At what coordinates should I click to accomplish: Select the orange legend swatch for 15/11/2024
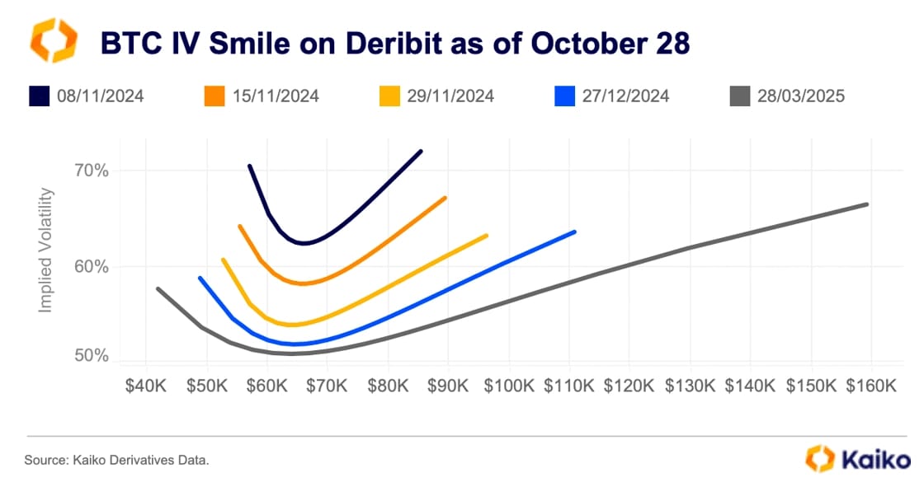214,96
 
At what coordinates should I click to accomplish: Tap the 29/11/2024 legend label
450,96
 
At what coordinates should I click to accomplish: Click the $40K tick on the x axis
146,386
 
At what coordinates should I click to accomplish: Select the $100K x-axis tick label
508,386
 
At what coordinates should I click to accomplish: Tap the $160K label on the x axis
871,386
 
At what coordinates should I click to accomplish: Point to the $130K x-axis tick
690,386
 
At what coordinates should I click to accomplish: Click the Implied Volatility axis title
46,250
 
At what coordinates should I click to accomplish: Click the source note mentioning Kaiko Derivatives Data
116,459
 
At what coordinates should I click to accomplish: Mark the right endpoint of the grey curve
867,204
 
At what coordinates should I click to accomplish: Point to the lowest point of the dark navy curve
304,243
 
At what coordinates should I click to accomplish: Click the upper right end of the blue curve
574,232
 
